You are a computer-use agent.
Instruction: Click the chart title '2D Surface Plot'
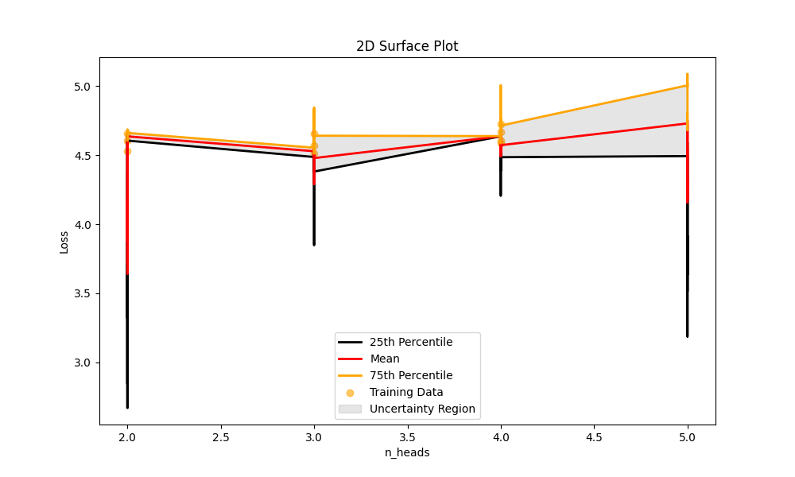pos(407,46)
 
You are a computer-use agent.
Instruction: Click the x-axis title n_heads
pos(407,452)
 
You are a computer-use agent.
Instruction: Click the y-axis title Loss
pos(64,242)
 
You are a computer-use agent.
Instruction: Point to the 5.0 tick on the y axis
pos(83,86)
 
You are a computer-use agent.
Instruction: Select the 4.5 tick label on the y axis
pos(83,155)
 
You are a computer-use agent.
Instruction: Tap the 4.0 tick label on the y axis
pos(83,224)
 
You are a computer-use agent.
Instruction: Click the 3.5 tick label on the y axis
pos(83,293)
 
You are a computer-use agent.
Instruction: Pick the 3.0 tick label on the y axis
pos(83,363)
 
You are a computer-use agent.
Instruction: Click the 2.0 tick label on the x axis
pos(127,437)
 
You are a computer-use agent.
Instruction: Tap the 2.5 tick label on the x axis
pos(220,437)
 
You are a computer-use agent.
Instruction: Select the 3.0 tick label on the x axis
pos(314,437)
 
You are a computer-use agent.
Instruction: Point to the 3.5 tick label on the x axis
pos(407,437)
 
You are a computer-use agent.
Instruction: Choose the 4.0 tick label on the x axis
pos(501,437)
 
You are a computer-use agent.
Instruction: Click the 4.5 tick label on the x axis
pos(594,437)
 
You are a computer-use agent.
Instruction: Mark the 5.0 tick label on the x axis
pos(688,437)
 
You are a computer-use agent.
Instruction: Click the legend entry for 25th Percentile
pos(411,342)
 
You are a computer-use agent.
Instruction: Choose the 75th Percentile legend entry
pos(411,375)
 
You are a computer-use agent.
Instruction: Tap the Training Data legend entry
pos(406,392)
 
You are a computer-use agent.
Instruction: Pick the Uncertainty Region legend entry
pos(422,409)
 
